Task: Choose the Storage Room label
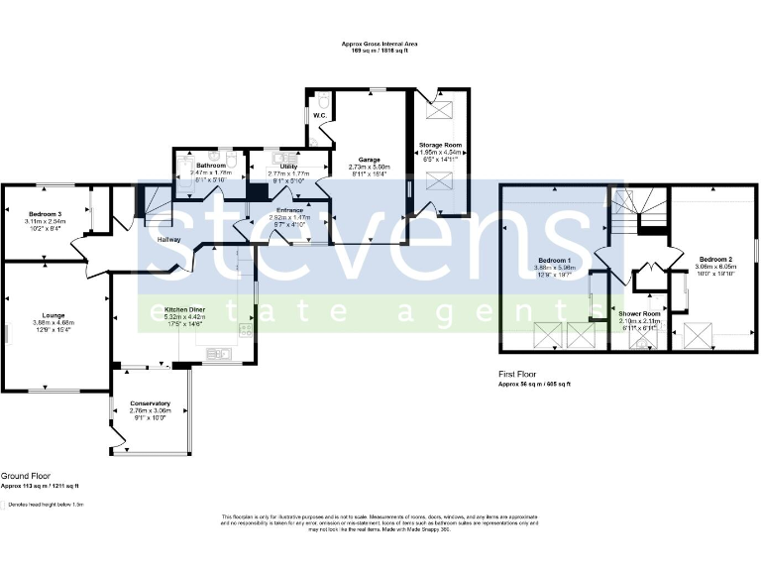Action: (x=440, y=145)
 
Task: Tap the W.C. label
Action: (x=320, y=116)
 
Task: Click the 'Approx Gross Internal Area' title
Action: (x=380, y=44)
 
